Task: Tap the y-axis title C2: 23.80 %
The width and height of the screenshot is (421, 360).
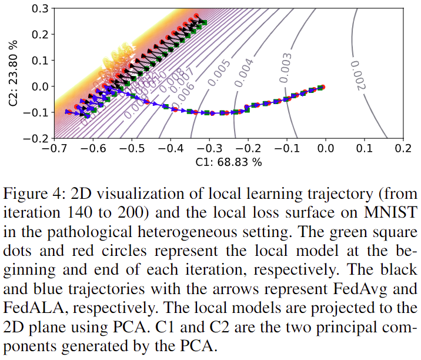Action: (13, 73)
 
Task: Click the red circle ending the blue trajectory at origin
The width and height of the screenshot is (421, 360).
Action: (323, 87)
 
